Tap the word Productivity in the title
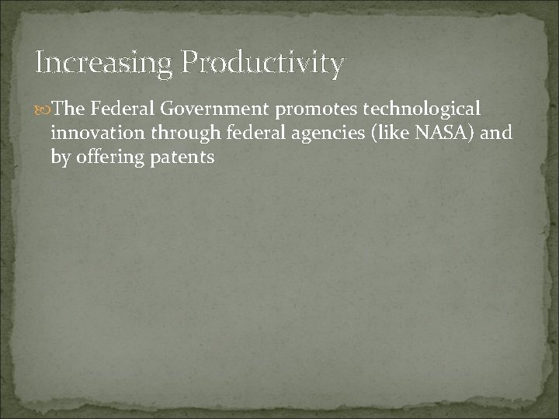click(x=262, y=64)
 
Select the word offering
click(x=111, y=157)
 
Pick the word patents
click(x=185, y=157)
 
